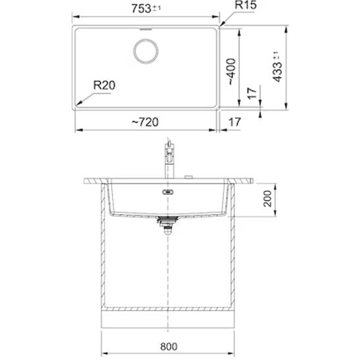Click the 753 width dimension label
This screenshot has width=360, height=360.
[x=146, y=9]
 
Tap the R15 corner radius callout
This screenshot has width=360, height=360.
[x=246, y=5]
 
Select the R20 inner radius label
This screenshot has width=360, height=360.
[x=104, y=85]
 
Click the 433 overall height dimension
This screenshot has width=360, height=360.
[x=277, y=66]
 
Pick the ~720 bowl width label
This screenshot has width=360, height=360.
[x=145, y=122]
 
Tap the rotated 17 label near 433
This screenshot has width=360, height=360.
[x=252, y=93]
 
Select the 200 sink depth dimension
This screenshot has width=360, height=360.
[x=267, y=198]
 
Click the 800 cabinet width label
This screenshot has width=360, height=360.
[x=169, y=347]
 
